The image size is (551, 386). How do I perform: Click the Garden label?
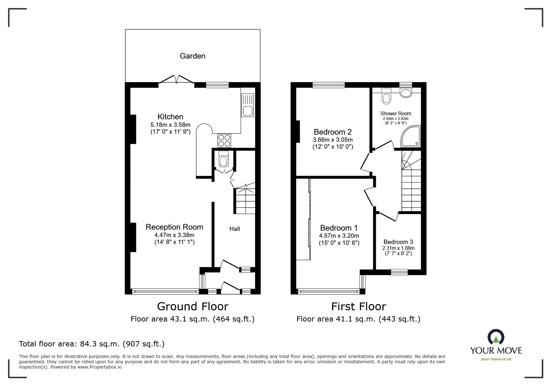click(193, 56)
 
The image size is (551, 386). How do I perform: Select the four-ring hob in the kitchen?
click(224, 140)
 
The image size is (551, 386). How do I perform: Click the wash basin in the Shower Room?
click(406, 93)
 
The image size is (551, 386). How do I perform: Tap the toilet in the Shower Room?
click(386, 96)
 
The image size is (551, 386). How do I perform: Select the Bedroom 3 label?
click(398, 242)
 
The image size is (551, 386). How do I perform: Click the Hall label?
click(235, 229)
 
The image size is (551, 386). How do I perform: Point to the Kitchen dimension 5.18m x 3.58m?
click(170, 125)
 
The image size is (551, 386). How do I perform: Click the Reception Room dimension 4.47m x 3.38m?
click(174, 235)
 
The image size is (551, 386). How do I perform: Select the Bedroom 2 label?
click(333, 132)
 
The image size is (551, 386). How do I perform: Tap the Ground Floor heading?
click(193, 307)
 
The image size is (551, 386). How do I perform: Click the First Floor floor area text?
click(358, 319)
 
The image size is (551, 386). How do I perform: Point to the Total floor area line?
click(92, 344)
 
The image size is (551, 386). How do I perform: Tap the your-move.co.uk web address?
click(496, 359)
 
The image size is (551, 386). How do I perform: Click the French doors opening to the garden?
click(176, 79)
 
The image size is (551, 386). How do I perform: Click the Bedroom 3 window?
click(399, 272)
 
